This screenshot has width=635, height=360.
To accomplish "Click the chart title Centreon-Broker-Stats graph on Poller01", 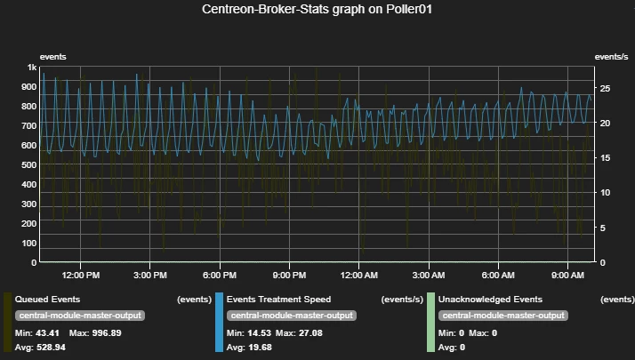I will [317, 10].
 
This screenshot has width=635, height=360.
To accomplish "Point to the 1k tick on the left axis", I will [32, 68].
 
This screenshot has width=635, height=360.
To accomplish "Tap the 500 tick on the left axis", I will [28, 165].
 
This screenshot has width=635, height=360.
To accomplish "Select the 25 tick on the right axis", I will [606, 88].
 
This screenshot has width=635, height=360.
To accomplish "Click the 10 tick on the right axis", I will [606, 193].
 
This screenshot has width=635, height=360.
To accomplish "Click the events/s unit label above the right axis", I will [612, 57].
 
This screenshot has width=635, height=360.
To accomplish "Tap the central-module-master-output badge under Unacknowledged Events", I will [503, 316].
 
